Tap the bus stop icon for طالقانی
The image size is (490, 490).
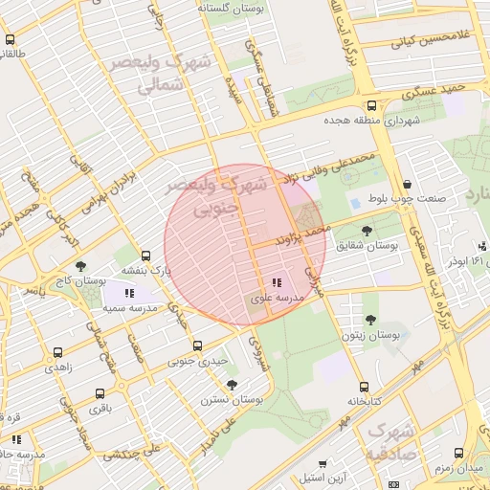point(11,40)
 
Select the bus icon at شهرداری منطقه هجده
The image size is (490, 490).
point(371,106)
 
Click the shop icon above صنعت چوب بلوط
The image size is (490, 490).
point(407,184)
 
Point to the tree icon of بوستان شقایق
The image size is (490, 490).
point(367,230)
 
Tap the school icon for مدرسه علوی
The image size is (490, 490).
point(276,283)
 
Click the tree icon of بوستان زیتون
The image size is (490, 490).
point(370,320)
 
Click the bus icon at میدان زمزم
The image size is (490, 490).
point(458,453)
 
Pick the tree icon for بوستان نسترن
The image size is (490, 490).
point(231,384)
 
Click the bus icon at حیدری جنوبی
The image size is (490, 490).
point(197,345)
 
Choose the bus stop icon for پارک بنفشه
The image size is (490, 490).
point(145,256)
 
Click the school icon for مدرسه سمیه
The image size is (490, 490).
point(129,293)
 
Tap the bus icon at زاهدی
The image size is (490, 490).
point(58,352)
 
